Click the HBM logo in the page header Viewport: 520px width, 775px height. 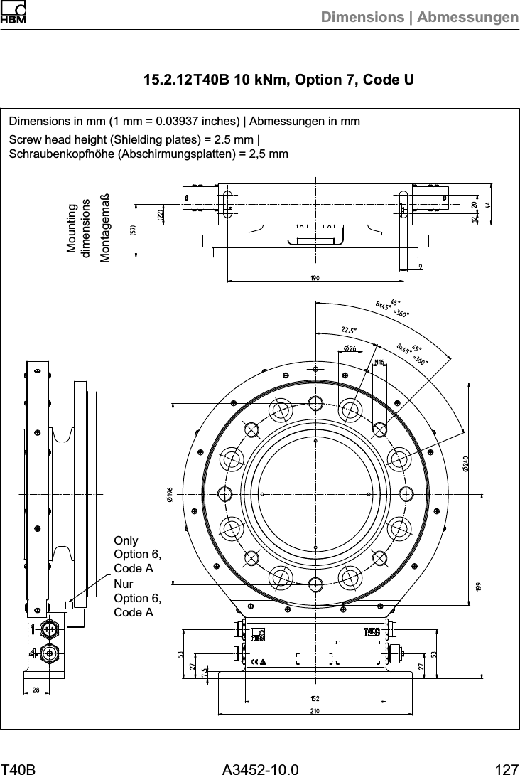click(x=13, y=14)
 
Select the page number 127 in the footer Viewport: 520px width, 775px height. click(x=506, y=769)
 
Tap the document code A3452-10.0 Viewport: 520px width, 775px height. click(x=260, y=769)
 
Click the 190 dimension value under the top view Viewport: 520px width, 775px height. click(x=313, y=278)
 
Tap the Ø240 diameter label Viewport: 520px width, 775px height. click(x=465, y=463)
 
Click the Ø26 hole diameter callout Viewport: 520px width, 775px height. click(x=350, y=348)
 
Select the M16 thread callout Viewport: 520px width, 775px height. click(x=379, y=362)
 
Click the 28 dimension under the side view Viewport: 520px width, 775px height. click(x=36, y=690)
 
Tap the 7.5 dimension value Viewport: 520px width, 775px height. click(x=205, y=672)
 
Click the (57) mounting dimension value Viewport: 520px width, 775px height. click(x=132, y=230)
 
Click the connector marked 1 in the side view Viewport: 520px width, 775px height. click(x=48, y=629)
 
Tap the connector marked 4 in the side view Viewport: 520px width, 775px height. click(x=48, y=653)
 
